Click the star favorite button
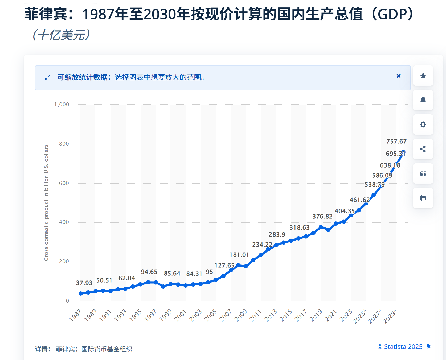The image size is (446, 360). pyautogui.click(x=423, y=76)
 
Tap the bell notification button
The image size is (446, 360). pyautogui.click(x=423, y=100)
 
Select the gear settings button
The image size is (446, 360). pyautogui.click(x=423, y=125)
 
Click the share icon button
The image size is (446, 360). pyautogui.click(x=423, y=149)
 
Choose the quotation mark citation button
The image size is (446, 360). pyautogui.click(x=423, y=173)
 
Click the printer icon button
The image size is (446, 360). pyautogui.click(x=423, y=198)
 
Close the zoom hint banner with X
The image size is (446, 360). pyautogui.click(x=399, y=76)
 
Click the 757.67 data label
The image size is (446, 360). pyautogui.click(x=396, y=141)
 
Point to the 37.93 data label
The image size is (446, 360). pyautogui.click(x=84, y=283)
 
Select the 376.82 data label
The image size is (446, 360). pyautogui.click(x=322, y=217)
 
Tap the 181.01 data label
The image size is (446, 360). pyautogui.click(x=239, y=255)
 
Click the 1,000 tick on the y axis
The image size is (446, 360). pyautogui.click(x=62, y=104)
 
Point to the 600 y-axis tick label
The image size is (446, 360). pyautogui.click(x=64, y=183)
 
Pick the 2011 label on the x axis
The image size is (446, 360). pyautogui.click(x=256, y=316)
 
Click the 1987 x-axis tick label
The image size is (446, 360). pyautogui.click(x=75, y=316)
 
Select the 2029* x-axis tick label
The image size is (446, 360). pyautogui.click(x=390, y=316)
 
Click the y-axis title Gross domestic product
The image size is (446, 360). pyautogui.click(x=46, y=203)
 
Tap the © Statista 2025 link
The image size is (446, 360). pyautogui.click(x=400, y=347)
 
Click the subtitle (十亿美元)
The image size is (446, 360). pyautogui.click(x=61, y=35)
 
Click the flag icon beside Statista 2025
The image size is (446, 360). pyautogui.click(x=429, y=347)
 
